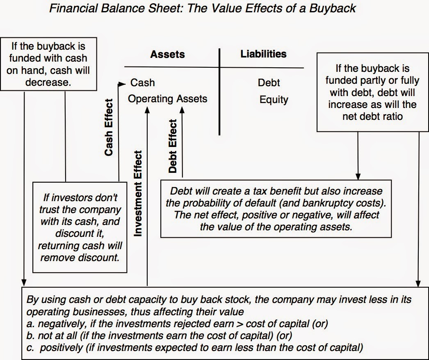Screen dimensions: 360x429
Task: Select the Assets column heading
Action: point(167,54)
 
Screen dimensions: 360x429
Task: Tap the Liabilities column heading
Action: point(263,54)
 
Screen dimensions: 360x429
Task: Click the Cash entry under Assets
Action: point(142,83)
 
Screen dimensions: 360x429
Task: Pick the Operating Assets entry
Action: point(167,99)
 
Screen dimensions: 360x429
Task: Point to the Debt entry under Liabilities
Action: point(269,83)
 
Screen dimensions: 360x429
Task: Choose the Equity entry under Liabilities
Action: point(274,100)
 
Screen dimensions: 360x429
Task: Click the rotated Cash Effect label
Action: point(109,127)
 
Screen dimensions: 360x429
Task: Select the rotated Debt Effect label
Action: point(173,146)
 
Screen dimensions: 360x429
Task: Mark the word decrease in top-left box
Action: point(48,82)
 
